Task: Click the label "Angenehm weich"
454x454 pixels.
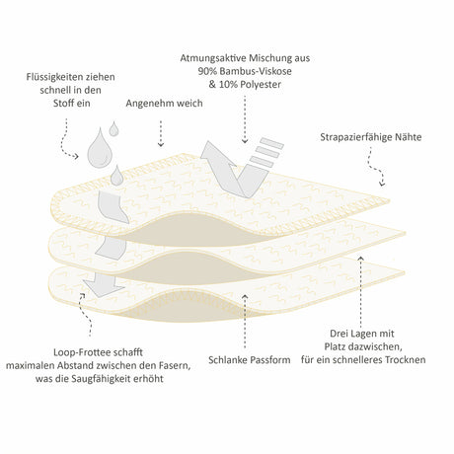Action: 164,104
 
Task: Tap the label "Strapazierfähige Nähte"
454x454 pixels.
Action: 371,137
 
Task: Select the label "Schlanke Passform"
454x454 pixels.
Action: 250,359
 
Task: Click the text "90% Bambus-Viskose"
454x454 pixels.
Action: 245,71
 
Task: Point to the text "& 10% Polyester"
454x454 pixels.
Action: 245,84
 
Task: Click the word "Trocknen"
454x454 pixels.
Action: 406,359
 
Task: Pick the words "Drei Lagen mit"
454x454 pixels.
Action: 362,334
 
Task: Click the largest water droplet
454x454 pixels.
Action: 99,148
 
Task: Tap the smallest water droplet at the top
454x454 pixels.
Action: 113,129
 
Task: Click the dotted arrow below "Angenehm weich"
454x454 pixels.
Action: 161,133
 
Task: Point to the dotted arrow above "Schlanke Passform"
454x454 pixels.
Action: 245,322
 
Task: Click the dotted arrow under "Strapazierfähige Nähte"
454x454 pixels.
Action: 375,167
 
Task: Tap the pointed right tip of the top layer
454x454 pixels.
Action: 390,200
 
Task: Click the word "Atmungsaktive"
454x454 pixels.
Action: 213,58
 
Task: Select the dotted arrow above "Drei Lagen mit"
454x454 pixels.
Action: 361,290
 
